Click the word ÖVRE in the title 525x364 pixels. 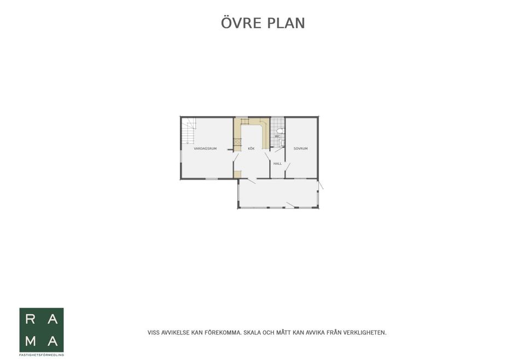(x=241, y=22)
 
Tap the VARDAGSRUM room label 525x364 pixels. (x=205, y=148)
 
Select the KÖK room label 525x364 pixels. (x=251, y=148)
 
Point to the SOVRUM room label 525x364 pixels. (x=300, y=148)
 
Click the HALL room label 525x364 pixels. (x=278, y=164)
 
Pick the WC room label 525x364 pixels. (x=278, y=136)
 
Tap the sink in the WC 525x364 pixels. (x=282, y=143)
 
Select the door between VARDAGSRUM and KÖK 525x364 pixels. (x=236, y=158)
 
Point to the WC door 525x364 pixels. (x=279, y=149)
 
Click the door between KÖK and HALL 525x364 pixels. (x=267, y=157)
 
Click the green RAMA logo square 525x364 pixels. (x=42, y=330)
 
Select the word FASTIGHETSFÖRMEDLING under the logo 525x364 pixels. (x=42, y=355)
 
